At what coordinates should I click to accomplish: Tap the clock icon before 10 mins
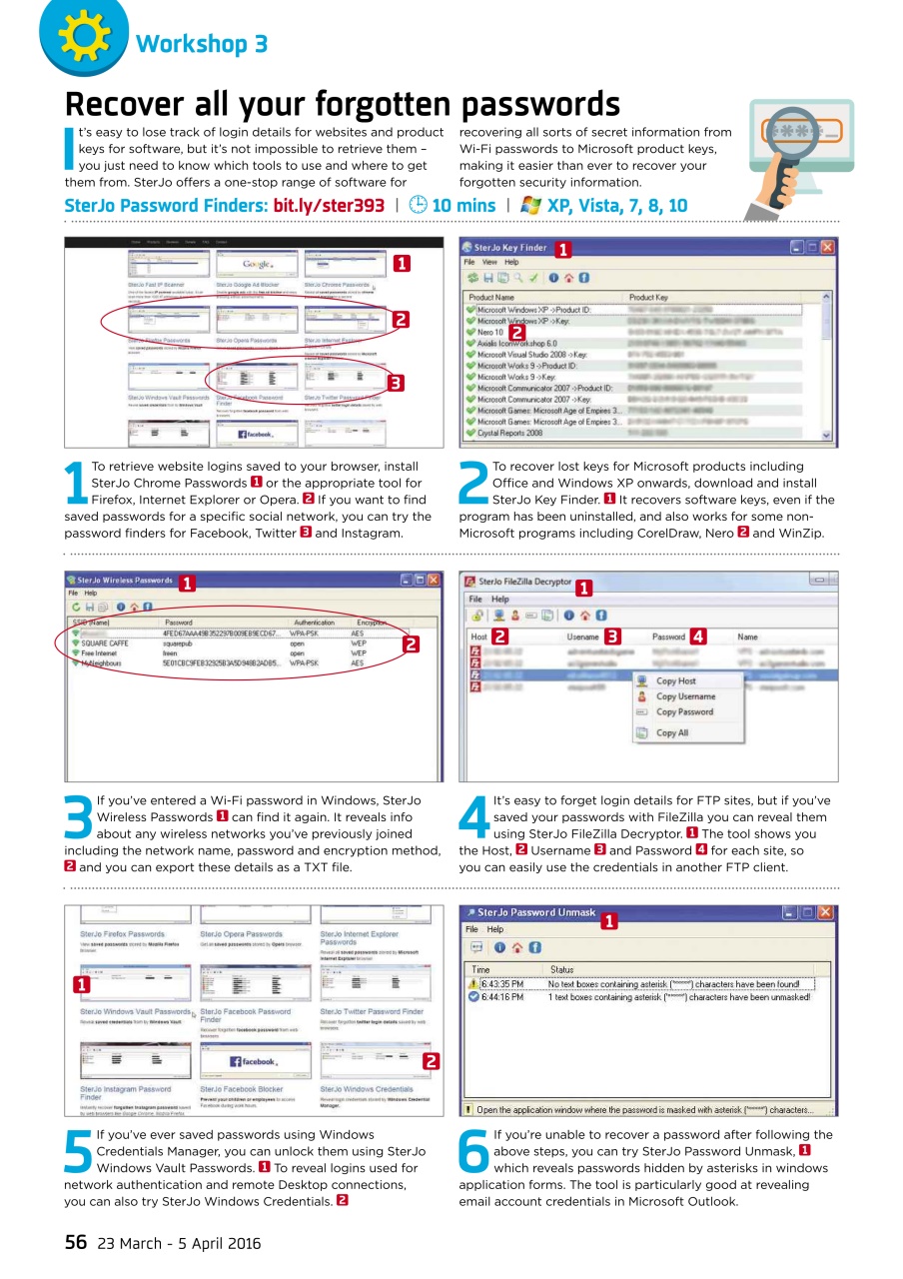[x=419, y=206]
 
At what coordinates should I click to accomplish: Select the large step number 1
[x=76, y=483]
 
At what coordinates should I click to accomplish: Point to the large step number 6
[x=474, y=1152]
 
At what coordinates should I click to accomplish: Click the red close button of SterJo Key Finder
[x=827, y=247]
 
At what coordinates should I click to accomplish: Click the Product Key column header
[x=648, y=297]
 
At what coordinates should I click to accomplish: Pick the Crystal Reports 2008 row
[x=509, y=434]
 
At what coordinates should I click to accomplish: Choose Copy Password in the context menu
[x=684, y=712]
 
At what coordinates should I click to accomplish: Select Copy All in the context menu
[x=671, y=733]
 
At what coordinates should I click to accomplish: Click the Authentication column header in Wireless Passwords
[x=314, y=622]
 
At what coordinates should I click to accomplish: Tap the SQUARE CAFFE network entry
[x=108, y=643]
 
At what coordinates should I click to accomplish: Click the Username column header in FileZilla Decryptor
[x=582, y=637]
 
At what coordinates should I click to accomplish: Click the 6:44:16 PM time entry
[x=501, y=996]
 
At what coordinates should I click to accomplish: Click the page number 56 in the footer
[x=76, y=1243]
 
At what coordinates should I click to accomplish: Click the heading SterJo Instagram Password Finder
[x=125, y=1093]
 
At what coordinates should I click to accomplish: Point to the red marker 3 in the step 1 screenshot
[x=395, y=383]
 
